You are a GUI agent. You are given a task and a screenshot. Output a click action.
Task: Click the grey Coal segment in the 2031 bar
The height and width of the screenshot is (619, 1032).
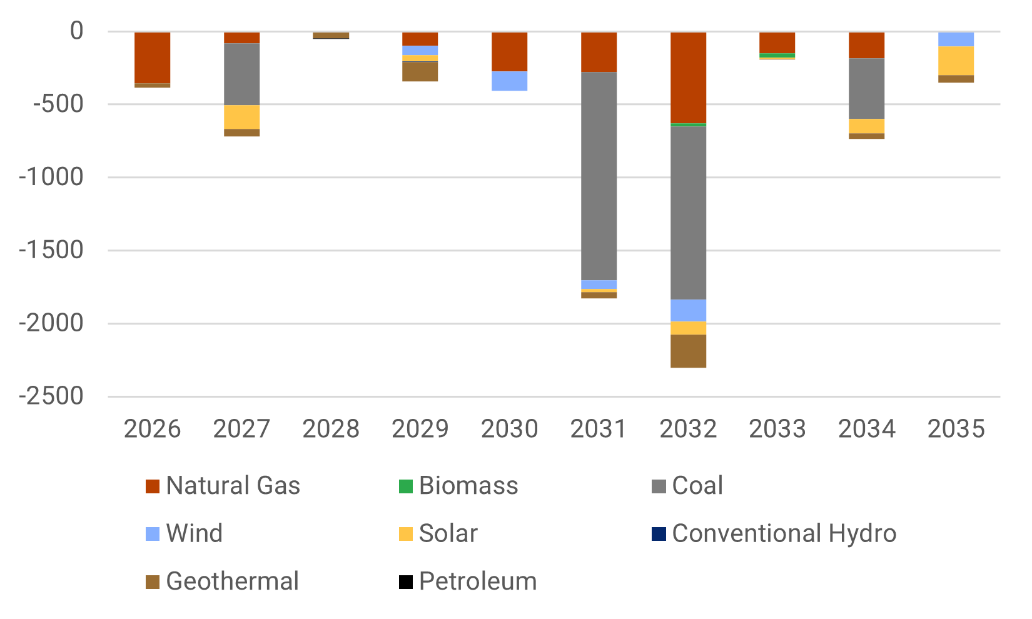[599, 176]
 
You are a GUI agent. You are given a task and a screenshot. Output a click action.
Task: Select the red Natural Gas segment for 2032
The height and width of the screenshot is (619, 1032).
[688, 78]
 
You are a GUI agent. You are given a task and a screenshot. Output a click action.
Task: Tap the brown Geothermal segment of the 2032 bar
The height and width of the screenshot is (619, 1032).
[688, 351]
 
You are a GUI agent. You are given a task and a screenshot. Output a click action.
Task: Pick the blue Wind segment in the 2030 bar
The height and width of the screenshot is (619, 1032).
[509, 81]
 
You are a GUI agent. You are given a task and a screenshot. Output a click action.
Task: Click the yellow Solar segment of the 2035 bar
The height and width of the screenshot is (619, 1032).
[956, 61]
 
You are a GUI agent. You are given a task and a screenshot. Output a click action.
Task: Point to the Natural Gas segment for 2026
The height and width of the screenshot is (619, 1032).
[152, 58]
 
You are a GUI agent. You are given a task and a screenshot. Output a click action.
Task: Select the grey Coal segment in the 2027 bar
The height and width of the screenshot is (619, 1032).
[241, 74]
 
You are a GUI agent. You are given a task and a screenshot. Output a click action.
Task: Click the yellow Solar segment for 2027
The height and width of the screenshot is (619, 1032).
[241, 117]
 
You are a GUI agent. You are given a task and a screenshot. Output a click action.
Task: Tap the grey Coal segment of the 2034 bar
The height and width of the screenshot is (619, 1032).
[866, 88]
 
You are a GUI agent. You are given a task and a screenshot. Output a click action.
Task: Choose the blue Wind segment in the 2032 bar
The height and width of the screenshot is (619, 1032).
[688, 310]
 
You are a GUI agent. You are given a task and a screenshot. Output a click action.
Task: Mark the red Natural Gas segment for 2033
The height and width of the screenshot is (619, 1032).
[777, 43]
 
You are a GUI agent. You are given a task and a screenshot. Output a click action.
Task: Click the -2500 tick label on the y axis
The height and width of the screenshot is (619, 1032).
[51, 396]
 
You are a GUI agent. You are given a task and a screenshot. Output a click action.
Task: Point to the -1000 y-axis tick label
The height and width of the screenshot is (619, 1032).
[51, 178]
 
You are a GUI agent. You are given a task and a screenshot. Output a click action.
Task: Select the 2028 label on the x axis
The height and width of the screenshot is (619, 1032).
[331, 429]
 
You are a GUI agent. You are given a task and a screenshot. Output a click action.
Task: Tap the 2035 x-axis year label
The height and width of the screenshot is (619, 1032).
[956, 429]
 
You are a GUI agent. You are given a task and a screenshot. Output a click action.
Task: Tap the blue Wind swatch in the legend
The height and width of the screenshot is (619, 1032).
[153, 534]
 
